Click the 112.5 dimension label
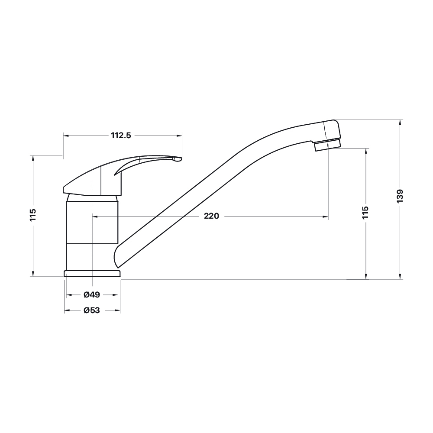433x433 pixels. pyautogui.click(x=121, y=135)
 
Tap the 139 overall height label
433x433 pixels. pyautogui.click(x=400, y=196)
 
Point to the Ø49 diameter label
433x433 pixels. pyautogui.click(x=92, y=294)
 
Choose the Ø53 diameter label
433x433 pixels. pyautogui.click(x=92, y=310)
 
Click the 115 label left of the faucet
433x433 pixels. pyautogui.click(x=33, y=215)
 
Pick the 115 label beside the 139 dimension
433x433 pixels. pyautogui.click(x=365, y=212)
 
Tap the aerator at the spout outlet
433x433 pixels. pyautogui.click(x=328, y=145)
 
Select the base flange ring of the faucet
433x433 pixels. pyautogui.click(x=92, y=273)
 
